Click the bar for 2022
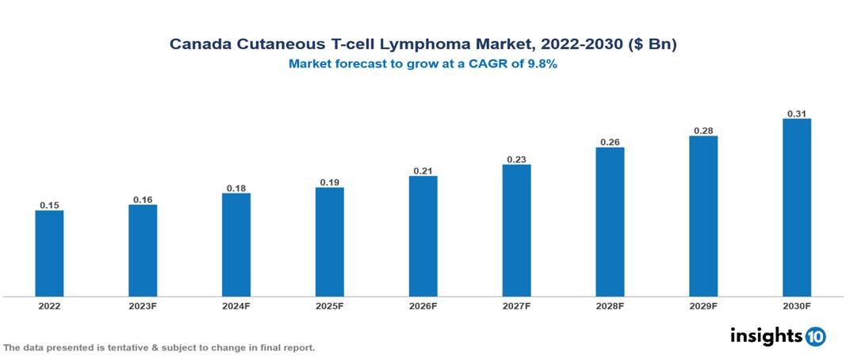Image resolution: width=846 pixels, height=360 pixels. (49, 253)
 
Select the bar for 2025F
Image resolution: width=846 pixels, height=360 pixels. (329, 242)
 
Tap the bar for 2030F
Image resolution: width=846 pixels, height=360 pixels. (796, 208)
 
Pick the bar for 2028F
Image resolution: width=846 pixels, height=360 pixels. (610, 222)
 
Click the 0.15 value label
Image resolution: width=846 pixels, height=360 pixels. (49, 205)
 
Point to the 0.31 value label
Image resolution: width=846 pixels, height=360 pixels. (796, 113)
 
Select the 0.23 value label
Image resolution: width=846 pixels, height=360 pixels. (516, 159)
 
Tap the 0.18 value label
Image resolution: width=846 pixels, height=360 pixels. (236, 188)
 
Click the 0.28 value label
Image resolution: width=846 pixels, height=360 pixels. (703, 130)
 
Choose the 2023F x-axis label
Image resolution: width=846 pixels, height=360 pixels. (143, 305)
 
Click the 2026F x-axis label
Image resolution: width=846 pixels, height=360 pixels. (423, 305)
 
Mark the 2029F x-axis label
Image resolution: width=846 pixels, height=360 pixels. (703, 305)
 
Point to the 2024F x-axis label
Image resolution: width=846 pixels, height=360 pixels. (236, 305)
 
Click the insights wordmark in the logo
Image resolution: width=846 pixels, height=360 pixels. (765, 335)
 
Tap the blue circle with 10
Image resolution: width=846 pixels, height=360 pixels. (815, 337)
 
